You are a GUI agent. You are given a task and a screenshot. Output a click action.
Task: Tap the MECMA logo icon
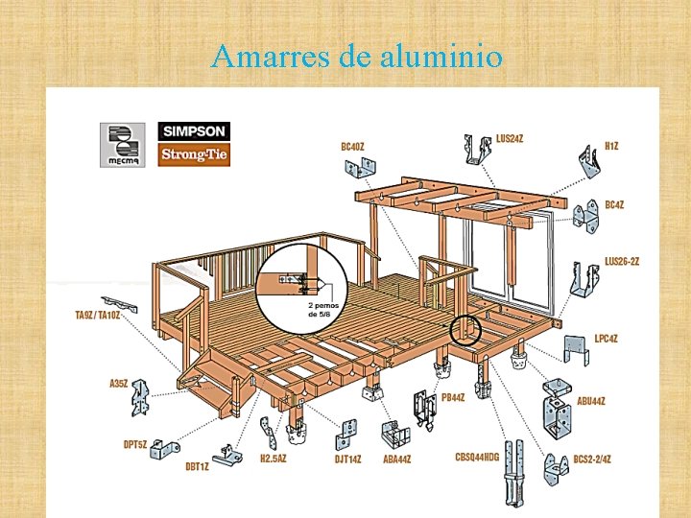(x=122, y=145)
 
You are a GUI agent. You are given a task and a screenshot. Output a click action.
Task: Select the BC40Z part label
(x=353, y=147)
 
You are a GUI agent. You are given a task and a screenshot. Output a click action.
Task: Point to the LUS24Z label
(x=510, y=139)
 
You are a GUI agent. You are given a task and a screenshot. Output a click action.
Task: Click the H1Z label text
(x=611, y=145)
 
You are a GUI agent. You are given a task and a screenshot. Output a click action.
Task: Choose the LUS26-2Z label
(x=622, y=260)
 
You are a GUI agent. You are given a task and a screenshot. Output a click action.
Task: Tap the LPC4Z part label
(x=607, y=338)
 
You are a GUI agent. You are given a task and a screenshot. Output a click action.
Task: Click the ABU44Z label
(x=591, y=400)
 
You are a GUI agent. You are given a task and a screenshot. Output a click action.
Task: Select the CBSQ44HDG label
(x=477, y=458)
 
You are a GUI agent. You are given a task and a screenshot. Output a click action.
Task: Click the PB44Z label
(x=454, y=397)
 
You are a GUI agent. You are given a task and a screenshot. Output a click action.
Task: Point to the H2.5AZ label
(x=274, y=458)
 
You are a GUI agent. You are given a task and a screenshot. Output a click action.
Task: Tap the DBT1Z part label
(x=197, y=467)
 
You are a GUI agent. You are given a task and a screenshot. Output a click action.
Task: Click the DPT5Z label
(x=135, y=444)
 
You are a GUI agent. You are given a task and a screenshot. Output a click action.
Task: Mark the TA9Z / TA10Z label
(x=98, y=315)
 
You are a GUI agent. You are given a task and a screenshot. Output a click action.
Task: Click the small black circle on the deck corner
(x=465, y=330)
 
